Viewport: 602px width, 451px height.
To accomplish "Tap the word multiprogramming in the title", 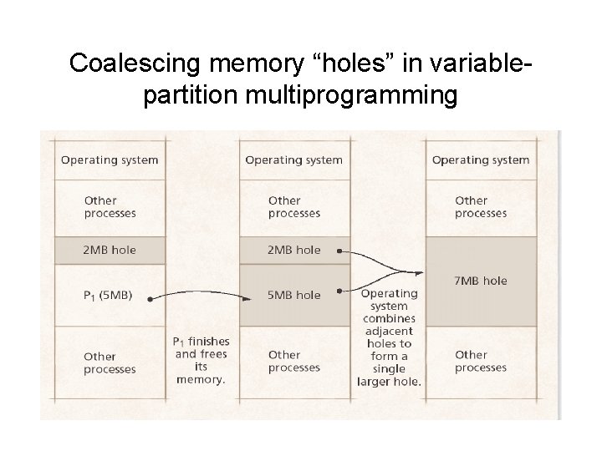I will click(x=344, y=97).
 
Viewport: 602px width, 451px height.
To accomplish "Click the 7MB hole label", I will click(x=481, y=281).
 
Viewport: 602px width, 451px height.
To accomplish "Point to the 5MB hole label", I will click(x=294, y=294).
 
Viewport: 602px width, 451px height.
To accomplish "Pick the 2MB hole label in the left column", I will click(x=110, y=250).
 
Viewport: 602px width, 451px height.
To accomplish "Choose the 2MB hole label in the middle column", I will click(x=294, y=250).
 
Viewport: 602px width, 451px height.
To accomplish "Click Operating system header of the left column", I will click(x=110, y=160).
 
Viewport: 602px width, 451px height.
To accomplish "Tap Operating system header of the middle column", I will click(x=293, y=160).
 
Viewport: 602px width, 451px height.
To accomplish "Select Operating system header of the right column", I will click(x=481, y=160).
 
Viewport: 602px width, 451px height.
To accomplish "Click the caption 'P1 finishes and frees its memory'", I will click(x=201, y=360).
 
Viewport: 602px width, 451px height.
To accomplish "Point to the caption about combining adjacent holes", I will click(x=389, y=337).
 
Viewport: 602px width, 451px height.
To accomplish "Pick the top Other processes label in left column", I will click(x=110, y=206).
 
